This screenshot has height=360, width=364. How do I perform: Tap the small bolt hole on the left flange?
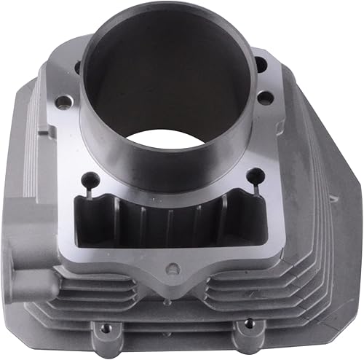(x=64, y=104)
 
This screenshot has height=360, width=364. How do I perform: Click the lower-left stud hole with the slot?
(x=90, y=177)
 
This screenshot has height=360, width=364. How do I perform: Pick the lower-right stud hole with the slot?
(x=256, y=174)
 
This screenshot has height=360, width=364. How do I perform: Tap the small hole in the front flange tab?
(x=172, y=269)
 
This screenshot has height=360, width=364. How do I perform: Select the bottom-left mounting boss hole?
(x=106, y=329)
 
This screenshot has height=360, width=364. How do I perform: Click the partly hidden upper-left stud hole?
(x=77, y=67)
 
